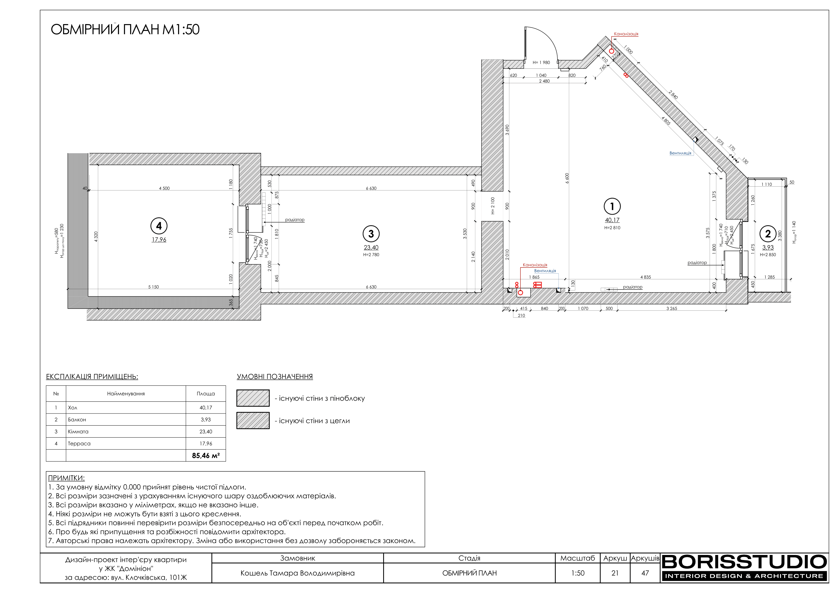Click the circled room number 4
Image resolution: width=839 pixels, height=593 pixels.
[159, 226]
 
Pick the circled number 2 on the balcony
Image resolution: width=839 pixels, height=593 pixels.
[768, 234]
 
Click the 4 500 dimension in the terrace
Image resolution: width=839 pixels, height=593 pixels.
[164, 189]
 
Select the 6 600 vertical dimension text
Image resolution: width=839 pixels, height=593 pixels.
[567, 178]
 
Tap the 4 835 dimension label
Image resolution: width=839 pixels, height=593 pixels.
[646, 277]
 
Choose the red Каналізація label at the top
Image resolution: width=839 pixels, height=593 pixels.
[626, 34]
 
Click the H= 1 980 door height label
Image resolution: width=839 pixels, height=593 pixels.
[541, 62]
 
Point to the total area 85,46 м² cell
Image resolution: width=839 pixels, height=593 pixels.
[206, 456]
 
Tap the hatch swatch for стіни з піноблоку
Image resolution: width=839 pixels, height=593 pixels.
[253, 398]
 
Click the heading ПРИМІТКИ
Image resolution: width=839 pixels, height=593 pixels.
[66, 478]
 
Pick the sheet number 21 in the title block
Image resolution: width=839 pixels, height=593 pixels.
[615, 573]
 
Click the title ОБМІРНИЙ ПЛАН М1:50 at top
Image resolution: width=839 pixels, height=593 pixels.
[125, 30]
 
